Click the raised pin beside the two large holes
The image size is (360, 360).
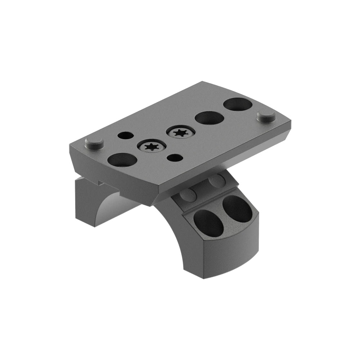tap(266, 116)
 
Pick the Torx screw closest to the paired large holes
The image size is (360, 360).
tap(179, 132)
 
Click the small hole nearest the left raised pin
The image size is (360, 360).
tap(125, 136)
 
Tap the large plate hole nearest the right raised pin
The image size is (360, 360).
tap(238, 105)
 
